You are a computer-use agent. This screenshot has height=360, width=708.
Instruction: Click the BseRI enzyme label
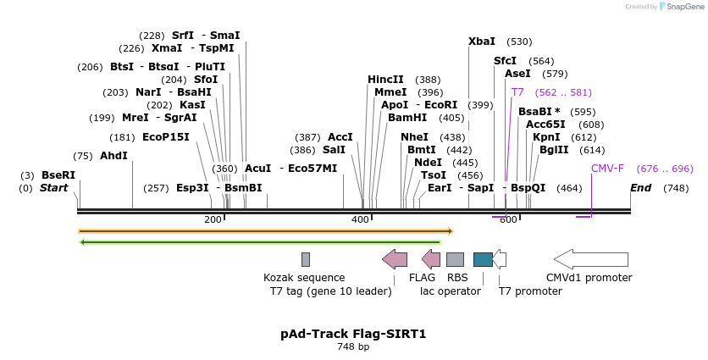58,175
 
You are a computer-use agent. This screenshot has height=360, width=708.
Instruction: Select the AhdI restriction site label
113,156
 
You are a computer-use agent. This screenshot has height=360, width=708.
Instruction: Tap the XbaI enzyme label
482,42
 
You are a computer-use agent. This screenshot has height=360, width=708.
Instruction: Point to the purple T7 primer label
517,92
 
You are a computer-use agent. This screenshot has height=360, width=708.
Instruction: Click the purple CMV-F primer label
607,169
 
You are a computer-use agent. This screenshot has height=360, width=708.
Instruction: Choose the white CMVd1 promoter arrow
591,259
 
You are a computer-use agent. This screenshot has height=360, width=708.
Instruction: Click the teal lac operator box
483,259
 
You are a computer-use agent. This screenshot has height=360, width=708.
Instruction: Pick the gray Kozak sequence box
306,259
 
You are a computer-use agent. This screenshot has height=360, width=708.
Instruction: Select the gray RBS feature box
455,259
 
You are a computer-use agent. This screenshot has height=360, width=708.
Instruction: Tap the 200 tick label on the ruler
213,220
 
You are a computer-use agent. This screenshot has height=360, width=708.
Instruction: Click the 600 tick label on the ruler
508,220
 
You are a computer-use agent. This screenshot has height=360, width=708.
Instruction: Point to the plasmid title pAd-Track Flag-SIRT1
353,334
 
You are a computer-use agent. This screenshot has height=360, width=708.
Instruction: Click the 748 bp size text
353,347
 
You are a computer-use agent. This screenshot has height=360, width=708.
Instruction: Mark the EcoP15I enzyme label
166,137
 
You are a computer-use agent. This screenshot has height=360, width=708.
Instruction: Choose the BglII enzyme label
554,150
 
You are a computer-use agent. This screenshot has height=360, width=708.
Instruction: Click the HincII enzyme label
385,80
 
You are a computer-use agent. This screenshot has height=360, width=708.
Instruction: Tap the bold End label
641,188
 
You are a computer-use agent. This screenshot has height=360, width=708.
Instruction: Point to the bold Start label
53,188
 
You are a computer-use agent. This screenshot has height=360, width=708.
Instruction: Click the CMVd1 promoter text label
589,278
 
